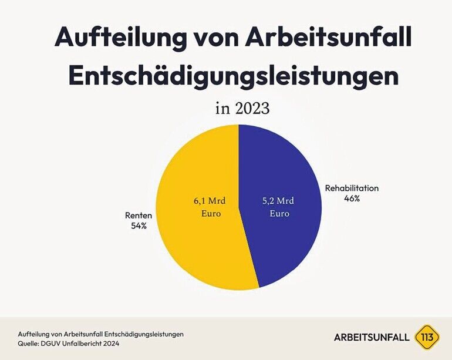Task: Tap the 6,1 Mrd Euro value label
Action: point(207,207)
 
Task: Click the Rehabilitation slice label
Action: point(352,189)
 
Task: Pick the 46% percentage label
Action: point(352,198)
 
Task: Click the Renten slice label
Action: point(140,215)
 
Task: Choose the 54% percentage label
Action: point(140,225)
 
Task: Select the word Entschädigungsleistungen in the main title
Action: point(234,76)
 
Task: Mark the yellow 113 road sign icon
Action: point(426,338)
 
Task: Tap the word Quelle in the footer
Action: point(29,344)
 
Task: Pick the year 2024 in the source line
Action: point(109,344)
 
